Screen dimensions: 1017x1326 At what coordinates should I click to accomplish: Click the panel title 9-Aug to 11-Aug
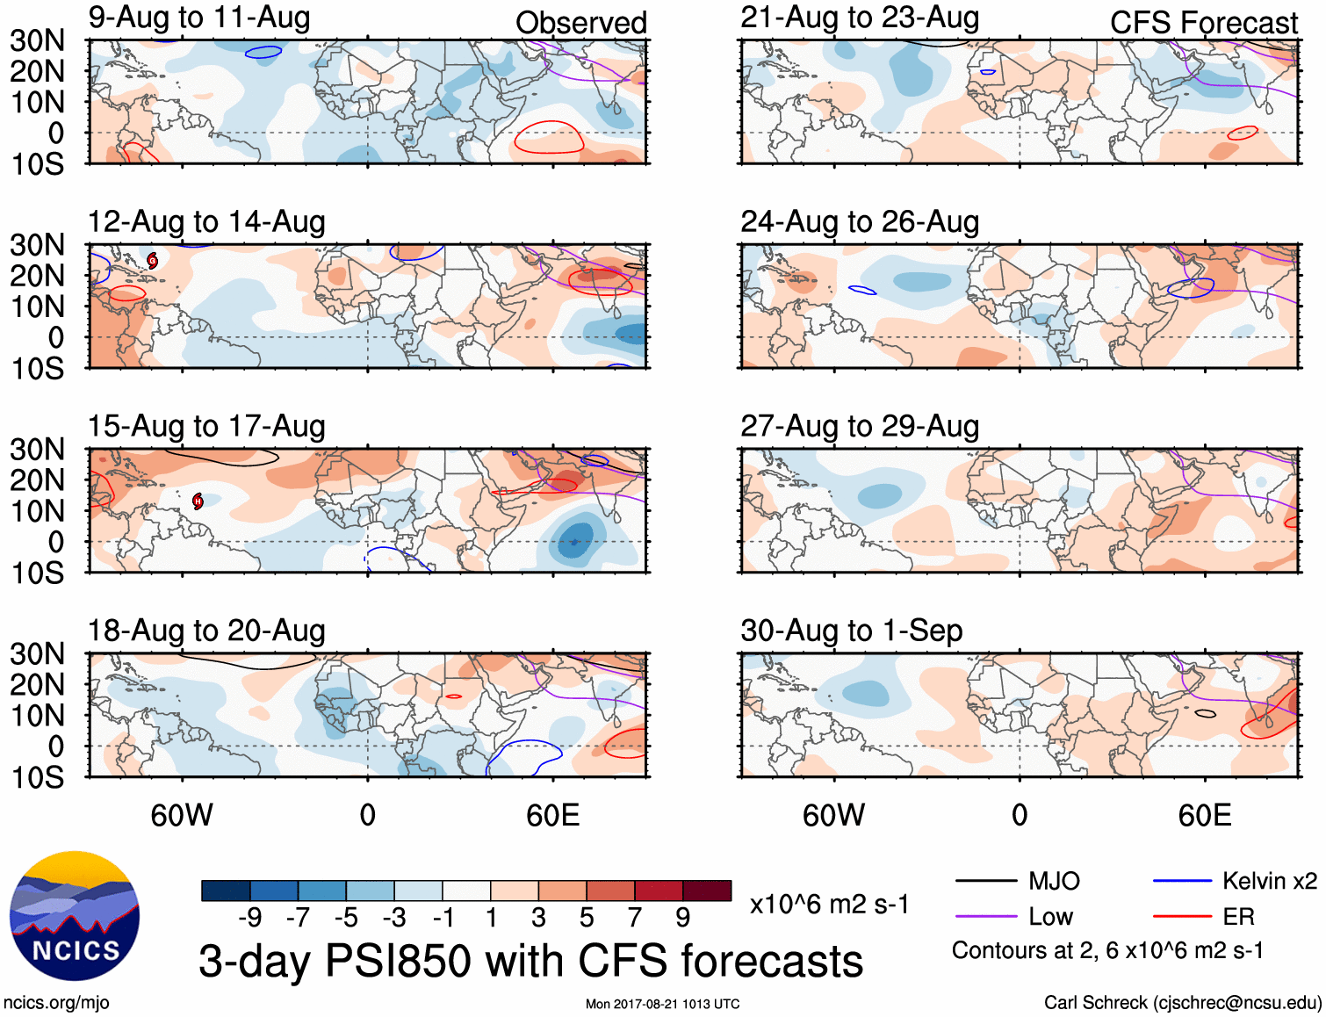pos(199,18)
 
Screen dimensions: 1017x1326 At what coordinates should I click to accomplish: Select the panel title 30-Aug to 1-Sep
pos(851,631)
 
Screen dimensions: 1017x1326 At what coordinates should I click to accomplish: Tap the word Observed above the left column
pos(580,23)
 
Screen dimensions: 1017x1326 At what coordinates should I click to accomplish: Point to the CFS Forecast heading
pos(1203,23)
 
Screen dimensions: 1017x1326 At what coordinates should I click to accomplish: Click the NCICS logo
pos(75,915)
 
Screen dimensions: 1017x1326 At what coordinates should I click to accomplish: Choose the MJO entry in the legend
pos(1054,881)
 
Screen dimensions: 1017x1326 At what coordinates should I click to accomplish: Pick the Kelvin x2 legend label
pos(1269,881)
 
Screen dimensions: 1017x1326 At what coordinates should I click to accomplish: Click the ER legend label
pos(1238,917)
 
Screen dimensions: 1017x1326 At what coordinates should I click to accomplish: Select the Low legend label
pos(1050,917)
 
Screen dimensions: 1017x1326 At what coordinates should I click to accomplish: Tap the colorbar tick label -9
pos(249,918)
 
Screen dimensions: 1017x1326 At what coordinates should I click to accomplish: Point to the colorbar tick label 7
pos(635,918)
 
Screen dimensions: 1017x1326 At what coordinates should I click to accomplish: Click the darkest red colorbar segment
pos(707,891)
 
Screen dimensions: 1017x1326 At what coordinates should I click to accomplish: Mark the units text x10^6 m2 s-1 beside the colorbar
pos(829,904)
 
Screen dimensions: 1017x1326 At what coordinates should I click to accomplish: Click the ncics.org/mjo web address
pos(56,1003)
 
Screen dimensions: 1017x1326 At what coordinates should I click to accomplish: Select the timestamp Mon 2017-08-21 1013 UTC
pos(662,1004)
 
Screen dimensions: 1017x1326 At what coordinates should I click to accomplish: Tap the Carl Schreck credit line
pos(1182,1003)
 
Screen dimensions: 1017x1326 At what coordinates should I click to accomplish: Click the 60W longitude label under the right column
pos(833,815)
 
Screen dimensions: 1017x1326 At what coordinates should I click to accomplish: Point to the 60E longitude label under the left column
pos(552,815)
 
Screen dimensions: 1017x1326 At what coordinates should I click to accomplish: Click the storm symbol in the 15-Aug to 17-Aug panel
pos(198,501)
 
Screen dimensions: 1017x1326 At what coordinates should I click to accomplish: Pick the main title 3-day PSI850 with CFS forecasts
pos(530,961)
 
